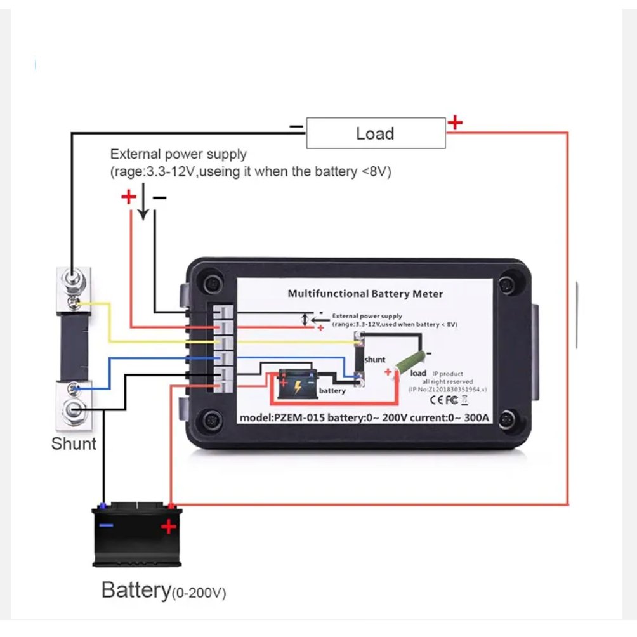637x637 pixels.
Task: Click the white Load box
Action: tap(376, 133)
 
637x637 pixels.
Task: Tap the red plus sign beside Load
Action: tap(455, 122)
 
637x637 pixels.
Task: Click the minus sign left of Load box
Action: tap(296, 127)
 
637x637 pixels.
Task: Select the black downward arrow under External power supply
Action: tap(143, 203)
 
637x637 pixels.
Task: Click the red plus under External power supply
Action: tap(129, 197)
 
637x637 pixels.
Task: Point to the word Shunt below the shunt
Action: tap(74, 443)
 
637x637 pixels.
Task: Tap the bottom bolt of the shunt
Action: tap(74, 409)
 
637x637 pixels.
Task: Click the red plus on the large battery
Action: tap(168, 527)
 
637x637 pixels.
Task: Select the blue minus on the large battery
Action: tap(106, 525)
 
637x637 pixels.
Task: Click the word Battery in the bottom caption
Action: tap(136, 590)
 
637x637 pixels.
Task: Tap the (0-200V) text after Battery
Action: tap(199, 594)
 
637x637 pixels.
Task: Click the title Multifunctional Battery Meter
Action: tap(365, 294)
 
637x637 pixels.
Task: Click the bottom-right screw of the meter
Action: tap(507, 419)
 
